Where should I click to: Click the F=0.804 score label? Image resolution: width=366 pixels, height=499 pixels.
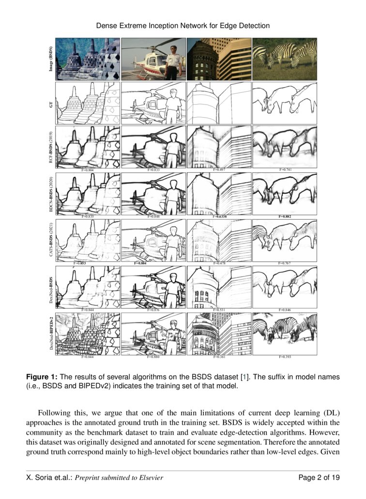click(x=87, y=170)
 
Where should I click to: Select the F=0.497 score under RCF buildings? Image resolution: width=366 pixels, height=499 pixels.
click(x=219, y=170)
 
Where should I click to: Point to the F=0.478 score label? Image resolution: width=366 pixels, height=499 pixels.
click(x=219, y=263)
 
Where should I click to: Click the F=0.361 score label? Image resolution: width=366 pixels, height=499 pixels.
click(x=219, y=357)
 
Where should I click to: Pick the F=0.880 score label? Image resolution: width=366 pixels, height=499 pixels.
click(x=153, y=357)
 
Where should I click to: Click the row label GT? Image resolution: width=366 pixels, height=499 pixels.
click(x=51, y=104)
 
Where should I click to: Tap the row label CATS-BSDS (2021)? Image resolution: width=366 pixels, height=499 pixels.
click(x=51, y=240)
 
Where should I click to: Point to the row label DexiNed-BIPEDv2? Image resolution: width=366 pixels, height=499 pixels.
click(x=51, y=334)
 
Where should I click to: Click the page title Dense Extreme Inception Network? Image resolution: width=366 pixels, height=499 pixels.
click(x=183, y=25)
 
